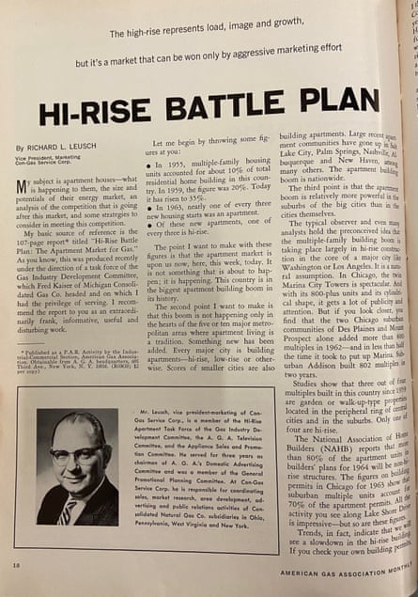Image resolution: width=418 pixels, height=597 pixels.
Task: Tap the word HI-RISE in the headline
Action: pos(95,108)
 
